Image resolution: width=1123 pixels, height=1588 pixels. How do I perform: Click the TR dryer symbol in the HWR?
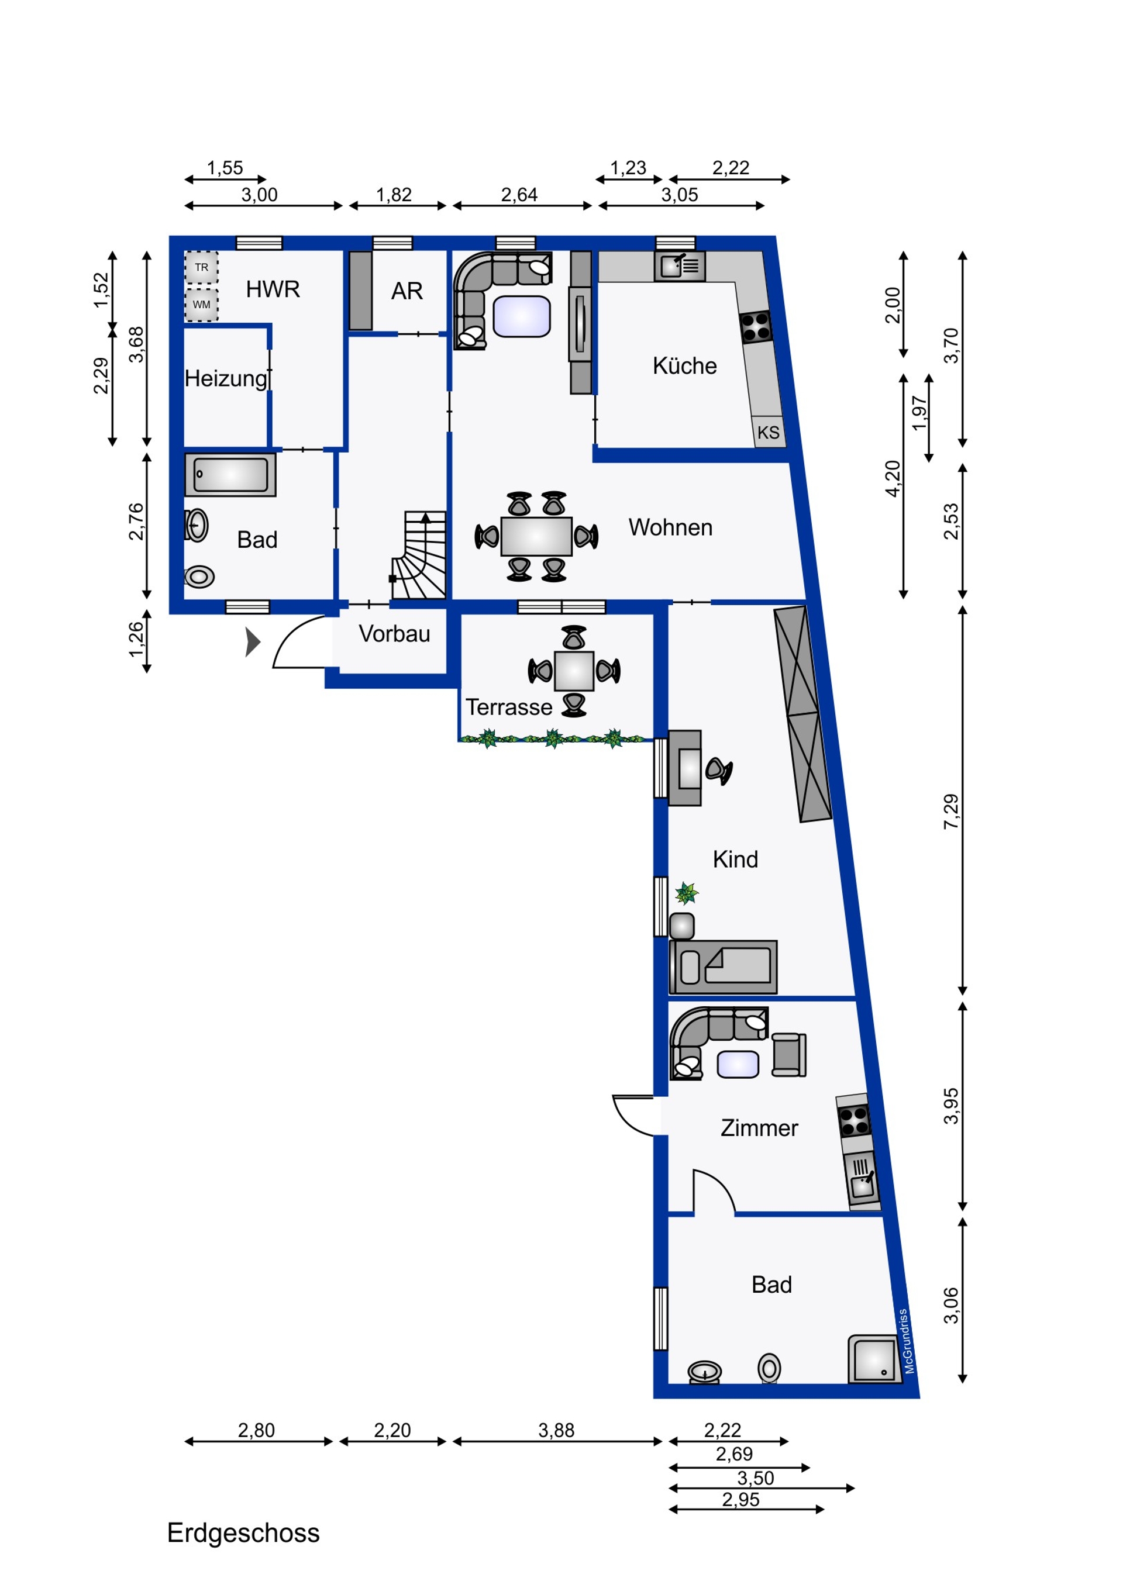point(201,267)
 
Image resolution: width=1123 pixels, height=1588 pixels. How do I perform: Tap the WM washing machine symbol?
point(201,304)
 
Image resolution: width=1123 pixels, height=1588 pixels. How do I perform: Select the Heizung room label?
point(226,378)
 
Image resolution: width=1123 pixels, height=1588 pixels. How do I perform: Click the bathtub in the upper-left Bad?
point(230,474)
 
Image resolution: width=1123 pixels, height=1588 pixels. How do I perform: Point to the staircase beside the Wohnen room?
point(419,555)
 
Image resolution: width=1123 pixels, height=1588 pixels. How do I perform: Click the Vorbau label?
point(394,634)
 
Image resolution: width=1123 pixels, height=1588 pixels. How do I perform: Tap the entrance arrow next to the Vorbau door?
point(253,642)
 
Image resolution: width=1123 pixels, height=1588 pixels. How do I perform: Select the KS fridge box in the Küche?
point(769,431)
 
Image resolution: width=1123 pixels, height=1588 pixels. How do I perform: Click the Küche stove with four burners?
point(756,328)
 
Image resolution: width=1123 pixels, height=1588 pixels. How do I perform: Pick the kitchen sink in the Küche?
point(680,265)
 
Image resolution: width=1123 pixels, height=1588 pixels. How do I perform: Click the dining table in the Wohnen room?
point(536,536)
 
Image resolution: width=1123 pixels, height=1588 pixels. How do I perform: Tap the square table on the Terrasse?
point(574,671)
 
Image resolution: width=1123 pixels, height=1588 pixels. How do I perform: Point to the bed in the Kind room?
point(723,967)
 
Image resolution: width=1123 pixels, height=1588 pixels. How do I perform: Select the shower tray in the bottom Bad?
point(874,1359)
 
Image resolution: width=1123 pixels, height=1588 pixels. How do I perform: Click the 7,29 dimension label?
point(952,812)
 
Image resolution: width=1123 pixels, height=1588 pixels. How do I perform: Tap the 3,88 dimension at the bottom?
point(556,1430)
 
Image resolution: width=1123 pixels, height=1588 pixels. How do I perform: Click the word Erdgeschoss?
point(243,1532)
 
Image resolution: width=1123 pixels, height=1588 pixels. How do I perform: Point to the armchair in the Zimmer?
point(789,1054)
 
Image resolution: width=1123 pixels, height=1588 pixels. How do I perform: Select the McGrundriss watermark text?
point(907,1341)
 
